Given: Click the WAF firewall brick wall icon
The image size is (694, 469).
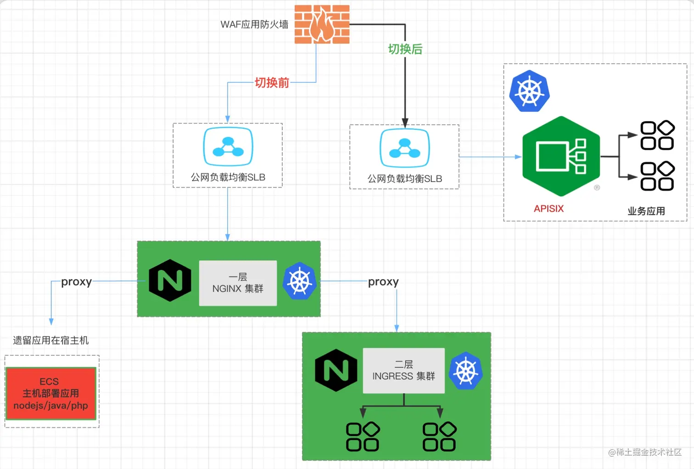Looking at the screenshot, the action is (322, 24).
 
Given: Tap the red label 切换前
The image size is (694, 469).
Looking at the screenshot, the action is (272, 83).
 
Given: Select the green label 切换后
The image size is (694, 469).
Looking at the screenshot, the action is (405, 49).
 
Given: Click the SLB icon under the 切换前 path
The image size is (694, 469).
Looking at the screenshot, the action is (228, 146).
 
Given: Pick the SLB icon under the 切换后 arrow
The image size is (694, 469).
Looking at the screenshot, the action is (405, 148).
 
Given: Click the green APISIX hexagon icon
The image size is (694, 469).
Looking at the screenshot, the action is (561, 156).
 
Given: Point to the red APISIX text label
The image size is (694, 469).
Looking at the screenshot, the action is (548, 208).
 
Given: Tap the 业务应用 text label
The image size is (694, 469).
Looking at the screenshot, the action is (646, 211).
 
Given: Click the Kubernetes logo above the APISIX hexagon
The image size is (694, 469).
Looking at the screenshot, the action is (530, 91).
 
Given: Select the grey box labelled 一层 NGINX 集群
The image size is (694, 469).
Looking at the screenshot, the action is (238, 283).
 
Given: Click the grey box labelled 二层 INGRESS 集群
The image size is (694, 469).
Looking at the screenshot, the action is (404, 370).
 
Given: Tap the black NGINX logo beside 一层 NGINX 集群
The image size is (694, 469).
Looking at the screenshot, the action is (170, 280).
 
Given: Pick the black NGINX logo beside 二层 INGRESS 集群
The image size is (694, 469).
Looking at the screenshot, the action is (336, 370).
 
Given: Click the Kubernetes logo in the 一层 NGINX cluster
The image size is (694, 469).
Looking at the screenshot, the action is (299, 281).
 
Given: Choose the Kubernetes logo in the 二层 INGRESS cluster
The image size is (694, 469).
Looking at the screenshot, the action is (466, 370).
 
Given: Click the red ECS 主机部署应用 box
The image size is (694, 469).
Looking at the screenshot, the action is (51, 393).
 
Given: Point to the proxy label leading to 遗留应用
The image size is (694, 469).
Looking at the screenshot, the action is (77, 282).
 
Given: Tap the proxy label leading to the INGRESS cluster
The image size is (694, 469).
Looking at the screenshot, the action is (383, 282).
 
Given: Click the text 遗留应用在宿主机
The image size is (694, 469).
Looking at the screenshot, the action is (51, 341).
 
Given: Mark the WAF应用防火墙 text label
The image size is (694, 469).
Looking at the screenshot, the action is (254, 24).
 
